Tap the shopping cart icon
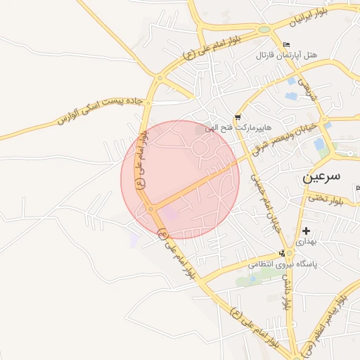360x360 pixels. (x=238, y=117)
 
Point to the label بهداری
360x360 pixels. (x=306, y=241)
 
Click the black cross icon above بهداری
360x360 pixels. (x=306, y=230)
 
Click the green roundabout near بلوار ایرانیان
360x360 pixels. (x=264, y=30)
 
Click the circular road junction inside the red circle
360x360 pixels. (x=150, y=209)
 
